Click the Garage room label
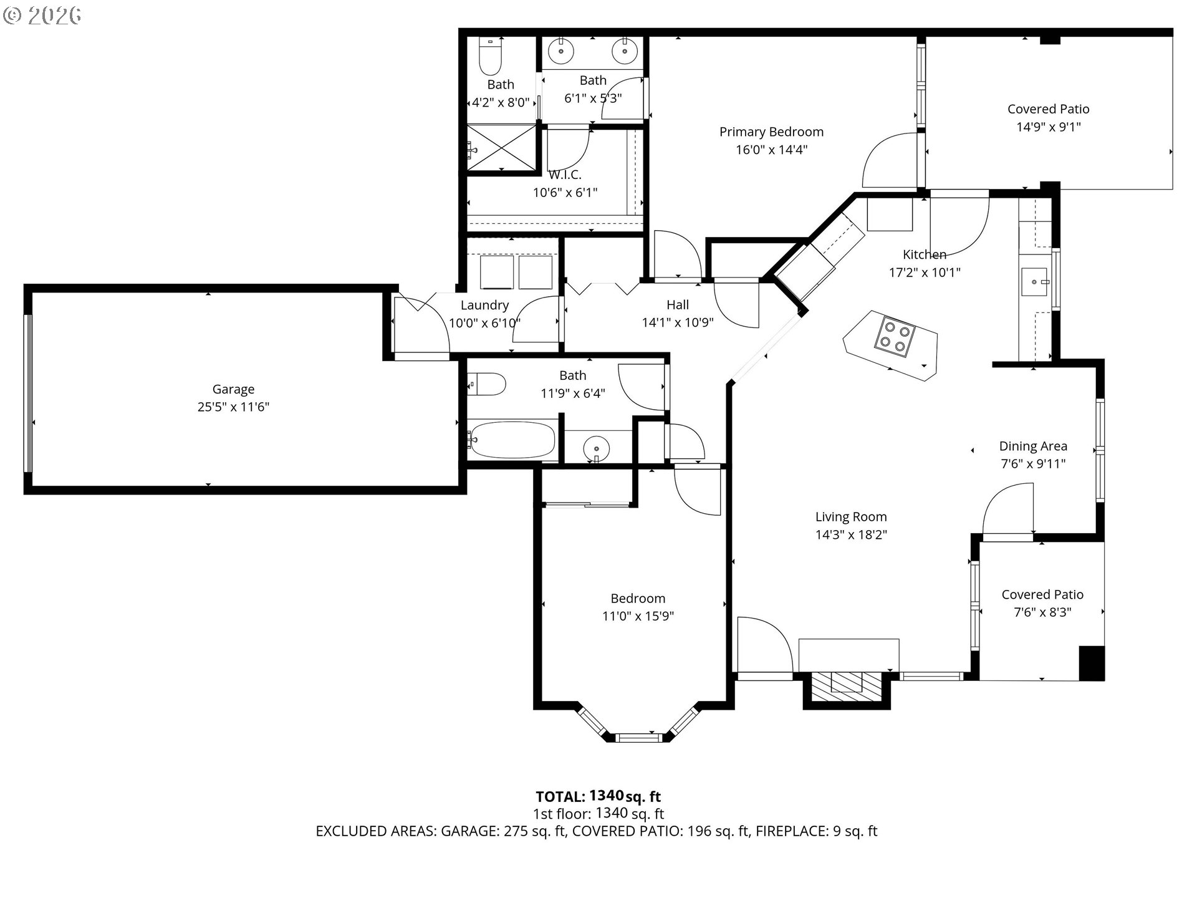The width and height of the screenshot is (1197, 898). (233, 389)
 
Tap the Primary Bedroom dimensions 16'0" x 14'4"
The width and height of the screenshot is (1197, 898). (771, 150)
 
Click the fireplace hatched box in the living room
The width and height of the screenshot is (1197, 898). (847, 683)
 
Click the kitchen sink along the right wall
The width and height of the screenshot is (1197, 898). (1036, 282)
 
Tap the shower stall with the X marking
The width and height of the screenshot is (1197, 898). (501, 148)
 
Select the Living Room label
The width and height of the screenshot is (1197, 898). (851, 516)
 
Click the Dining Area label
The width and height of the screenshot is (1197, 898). (1033, 446)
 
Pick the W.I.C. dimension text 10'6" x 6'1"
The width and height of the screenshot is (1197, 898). (565, 193)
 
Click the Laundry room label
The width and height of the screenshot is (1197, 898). (484, 305)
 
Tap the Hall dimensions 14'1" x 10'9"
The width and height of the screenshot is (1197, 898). (678, 322)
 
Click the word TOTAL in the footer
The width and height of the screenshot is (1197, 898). (560, 796)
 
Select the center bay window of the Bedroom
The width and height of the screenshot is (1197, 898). (637, 738)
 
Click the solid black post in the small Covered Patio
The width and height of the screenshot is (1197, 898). (1091, 663)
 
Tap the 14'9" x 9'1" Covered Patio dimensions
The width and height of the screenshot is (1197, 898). (1048, 127)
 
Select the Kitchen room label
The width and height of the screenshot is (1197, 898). (925, 254)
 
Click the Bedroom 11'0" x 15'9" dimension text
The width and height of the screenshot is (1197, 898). (638, 616)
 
